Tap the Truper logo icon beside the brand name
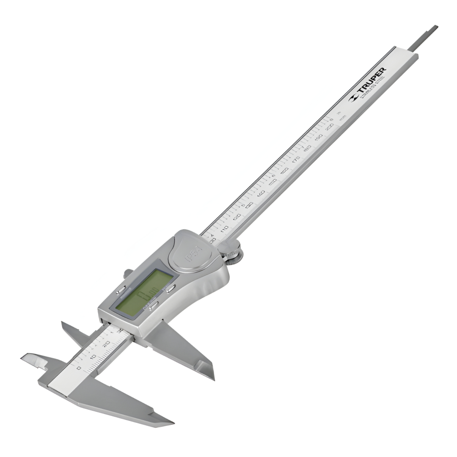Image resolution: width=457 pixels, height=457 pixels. coord(353,98)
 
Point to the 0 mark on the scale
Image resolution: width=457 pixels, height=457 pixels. coord(79,368)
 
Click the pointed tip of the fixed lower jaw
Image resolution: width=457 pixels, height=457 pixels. coord(172,422)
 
